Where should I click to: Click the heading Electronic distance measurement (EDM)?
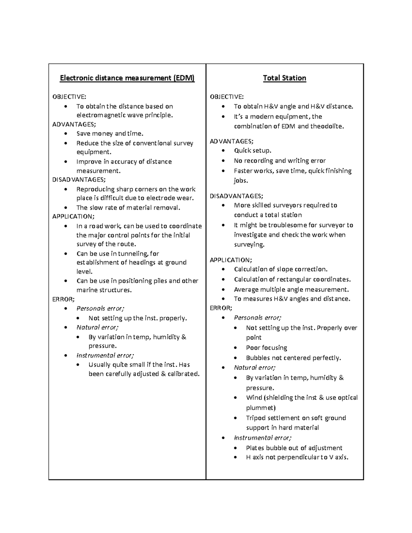click(127, 78)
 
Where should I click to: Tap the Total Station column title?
click(284, 78)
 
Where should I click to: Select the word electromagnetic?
click(97, 115)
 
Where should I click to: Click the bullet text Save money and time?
click(110, 134)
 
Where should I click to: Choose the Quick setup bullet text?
click(252, 151)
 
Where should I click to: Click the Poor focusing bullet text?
click(266, 348)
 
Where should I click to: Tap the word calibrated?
click(183, 374)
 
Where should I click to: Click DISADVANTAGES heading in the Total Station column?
click(236, 196)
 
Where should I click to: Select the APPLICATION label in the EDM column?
click(73, 217)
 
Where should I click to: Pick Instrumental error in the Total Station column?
click(262, 438)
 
